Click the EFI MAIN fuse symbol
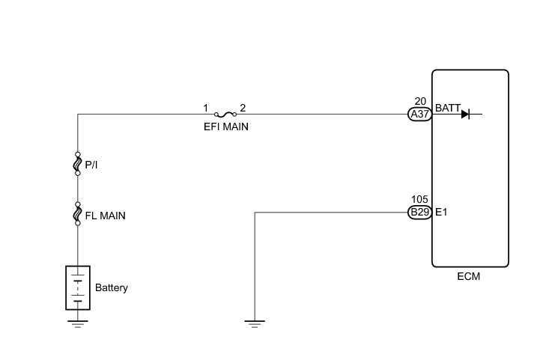click(224, 115)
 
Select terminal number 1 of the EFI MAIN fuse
click(205, 108)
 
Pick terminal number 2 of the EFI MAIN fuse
click(243, 108)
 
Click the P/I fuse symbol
click(77, 165)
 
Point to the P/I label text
click(91, 165)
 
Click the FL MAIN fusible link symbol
click(77, 215)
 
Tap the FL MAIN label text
click(105, 216)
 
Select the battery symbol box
click(77, 287)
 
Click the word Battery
click(112, 287)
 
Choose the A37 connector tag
click(419, 115)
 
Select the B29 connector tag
click(419, 213)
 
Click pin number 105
click(419, 201)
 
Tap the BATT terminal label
click(447, 108)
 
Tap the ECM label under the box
click(469, 276)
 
